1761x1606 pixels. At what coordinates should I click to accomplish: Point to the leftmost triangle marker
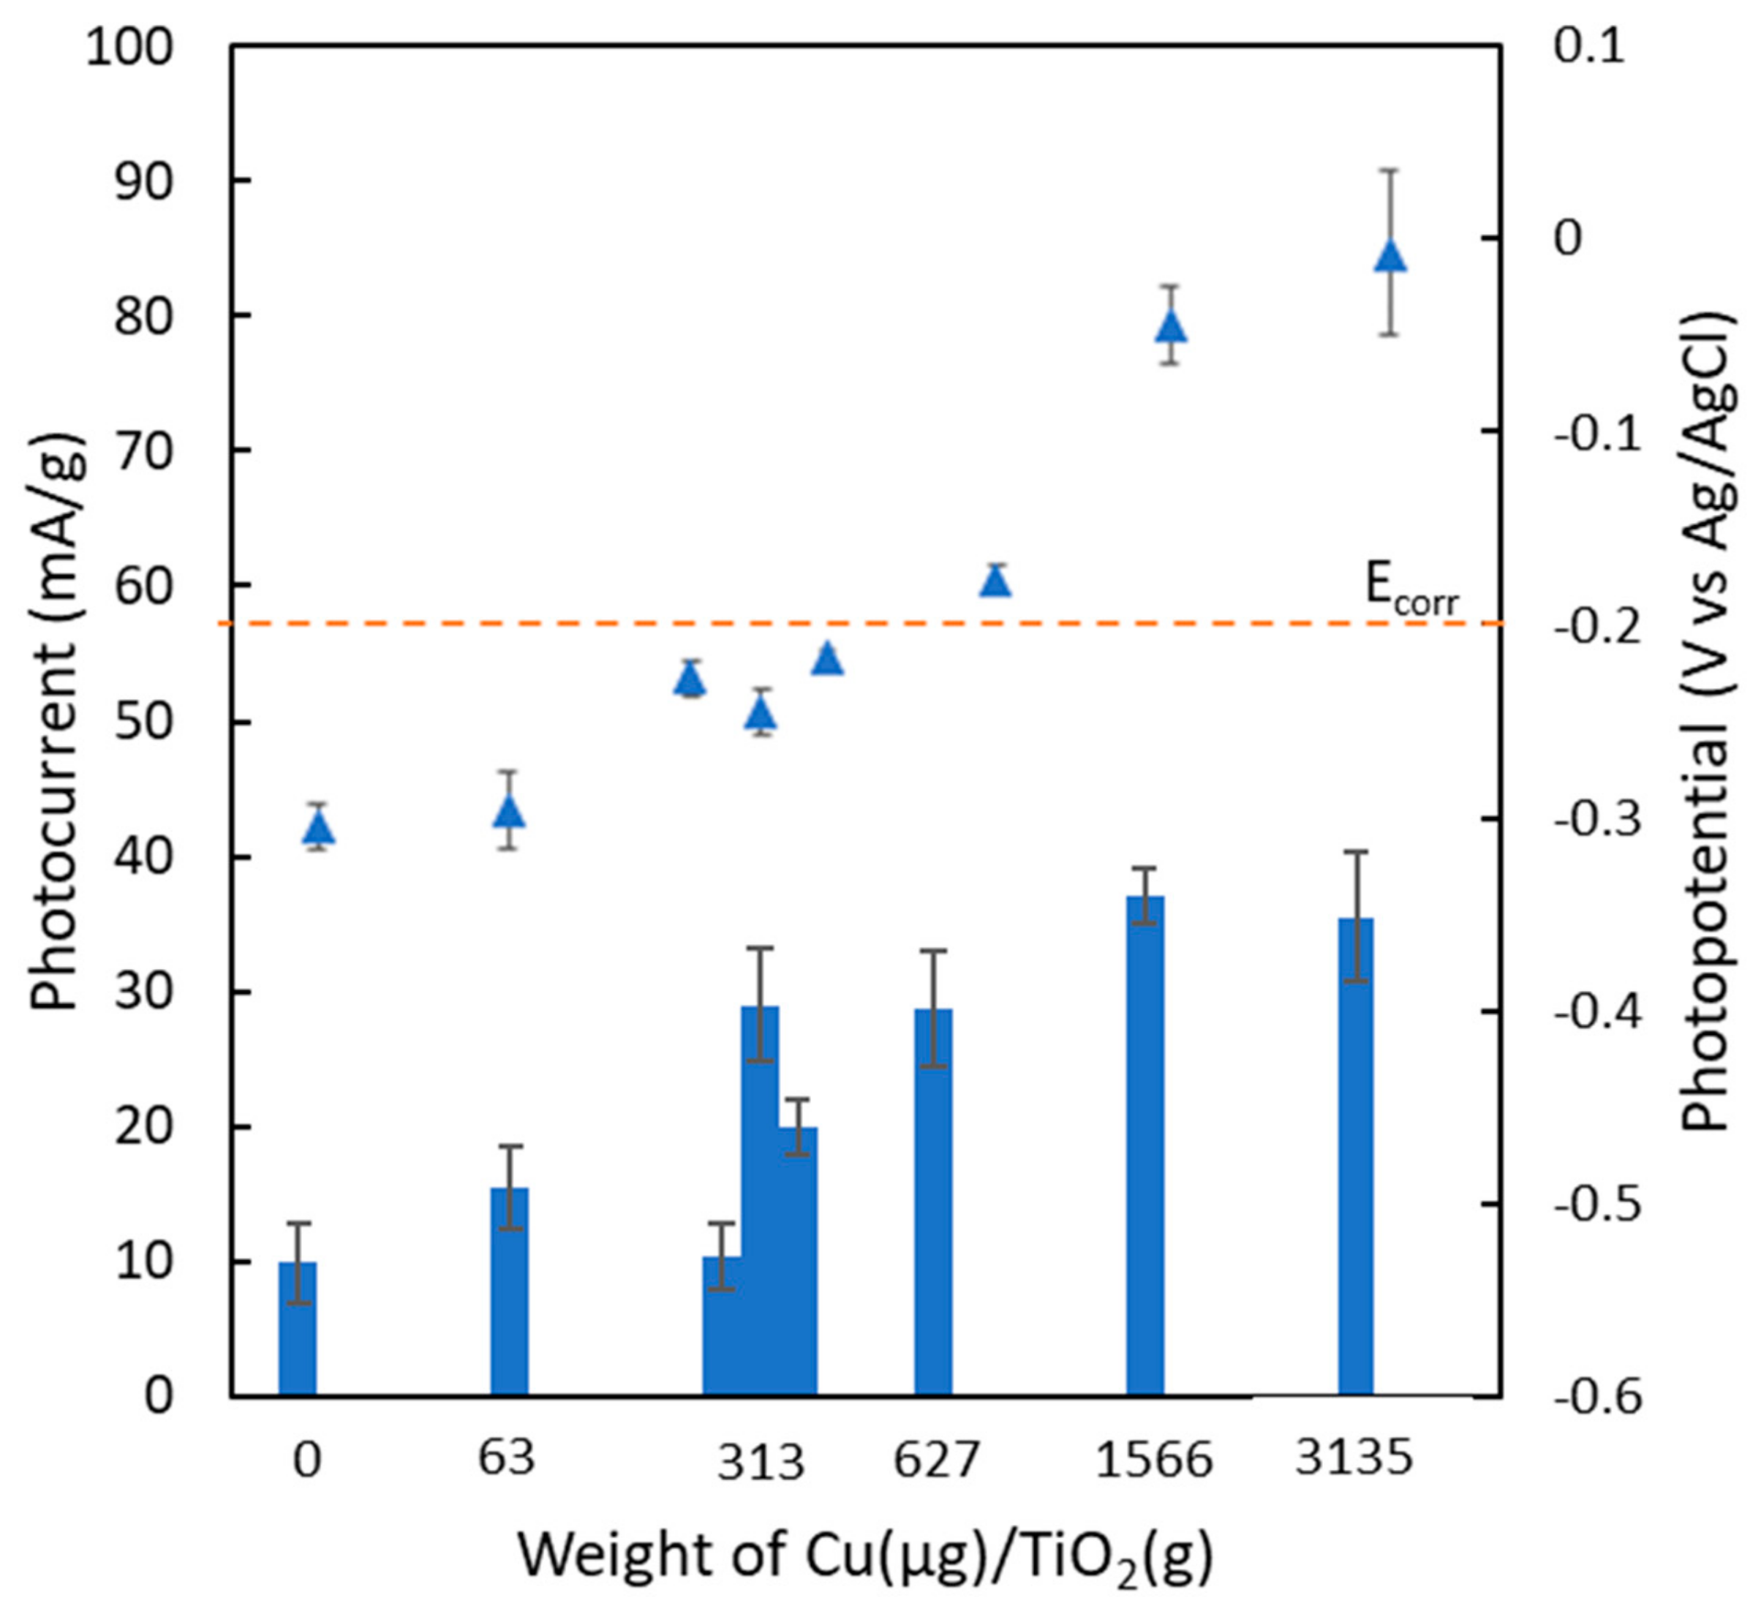click(x=319, y=828)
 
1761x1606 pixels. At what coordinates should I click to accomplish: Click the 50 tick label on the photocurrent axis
click(x=144, y=723)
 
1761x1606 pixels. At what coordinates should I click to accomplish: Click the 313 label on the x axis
click(x=760, y=1462)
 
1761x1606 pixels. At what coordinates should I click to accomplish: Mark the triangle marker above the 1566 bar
click(x=1171, y=325)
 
